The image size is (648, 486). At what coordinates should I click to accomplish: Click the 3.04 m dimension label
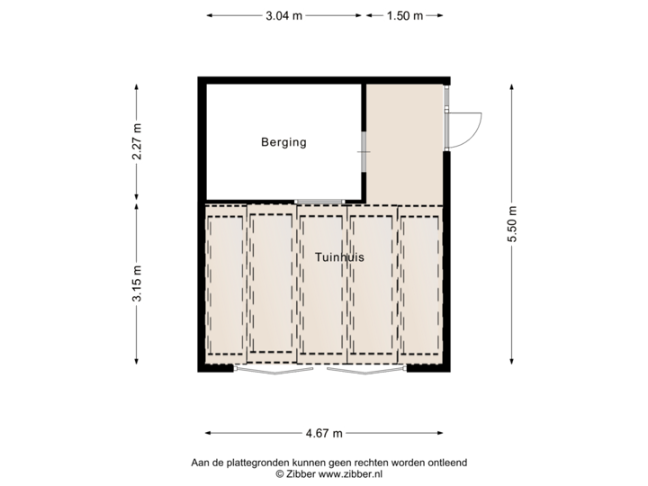283,15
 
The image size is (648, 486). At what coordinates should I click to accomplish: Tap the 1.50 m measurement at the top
404,15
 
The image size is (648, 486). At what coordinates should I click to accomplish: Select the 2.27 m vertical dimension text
137,141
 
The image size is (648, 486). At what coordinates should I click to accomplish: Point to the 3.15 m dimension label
137,284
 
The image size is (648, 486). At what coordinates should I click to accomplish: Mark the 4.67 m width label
324,433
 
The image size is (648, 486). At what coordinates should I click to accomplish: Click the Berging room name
283,142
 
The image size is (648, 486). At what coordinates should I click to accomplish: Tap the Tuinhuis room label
339,257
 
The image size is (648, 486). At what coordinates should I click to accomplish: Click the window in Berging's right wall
364,154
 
